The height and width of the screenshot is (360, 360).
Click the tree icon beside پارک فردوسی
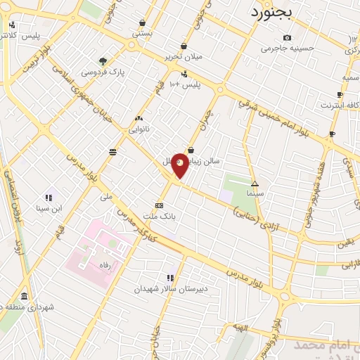pos(103,61)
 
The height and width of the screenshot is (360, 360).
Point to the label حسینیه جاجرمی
pos(285,49)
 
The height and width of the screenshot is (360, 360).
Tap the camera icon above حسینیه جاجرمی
pos(286,38)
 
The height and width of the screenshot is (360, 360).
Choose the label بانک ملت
pos(159,216)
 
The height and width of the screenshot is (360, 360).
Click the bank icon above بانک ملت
pos(159,205)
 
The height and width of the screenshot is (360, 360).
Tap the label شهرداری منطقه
pos(28,307)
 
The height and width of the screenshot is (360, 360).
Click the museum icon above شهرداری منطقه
pos(25,296)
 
